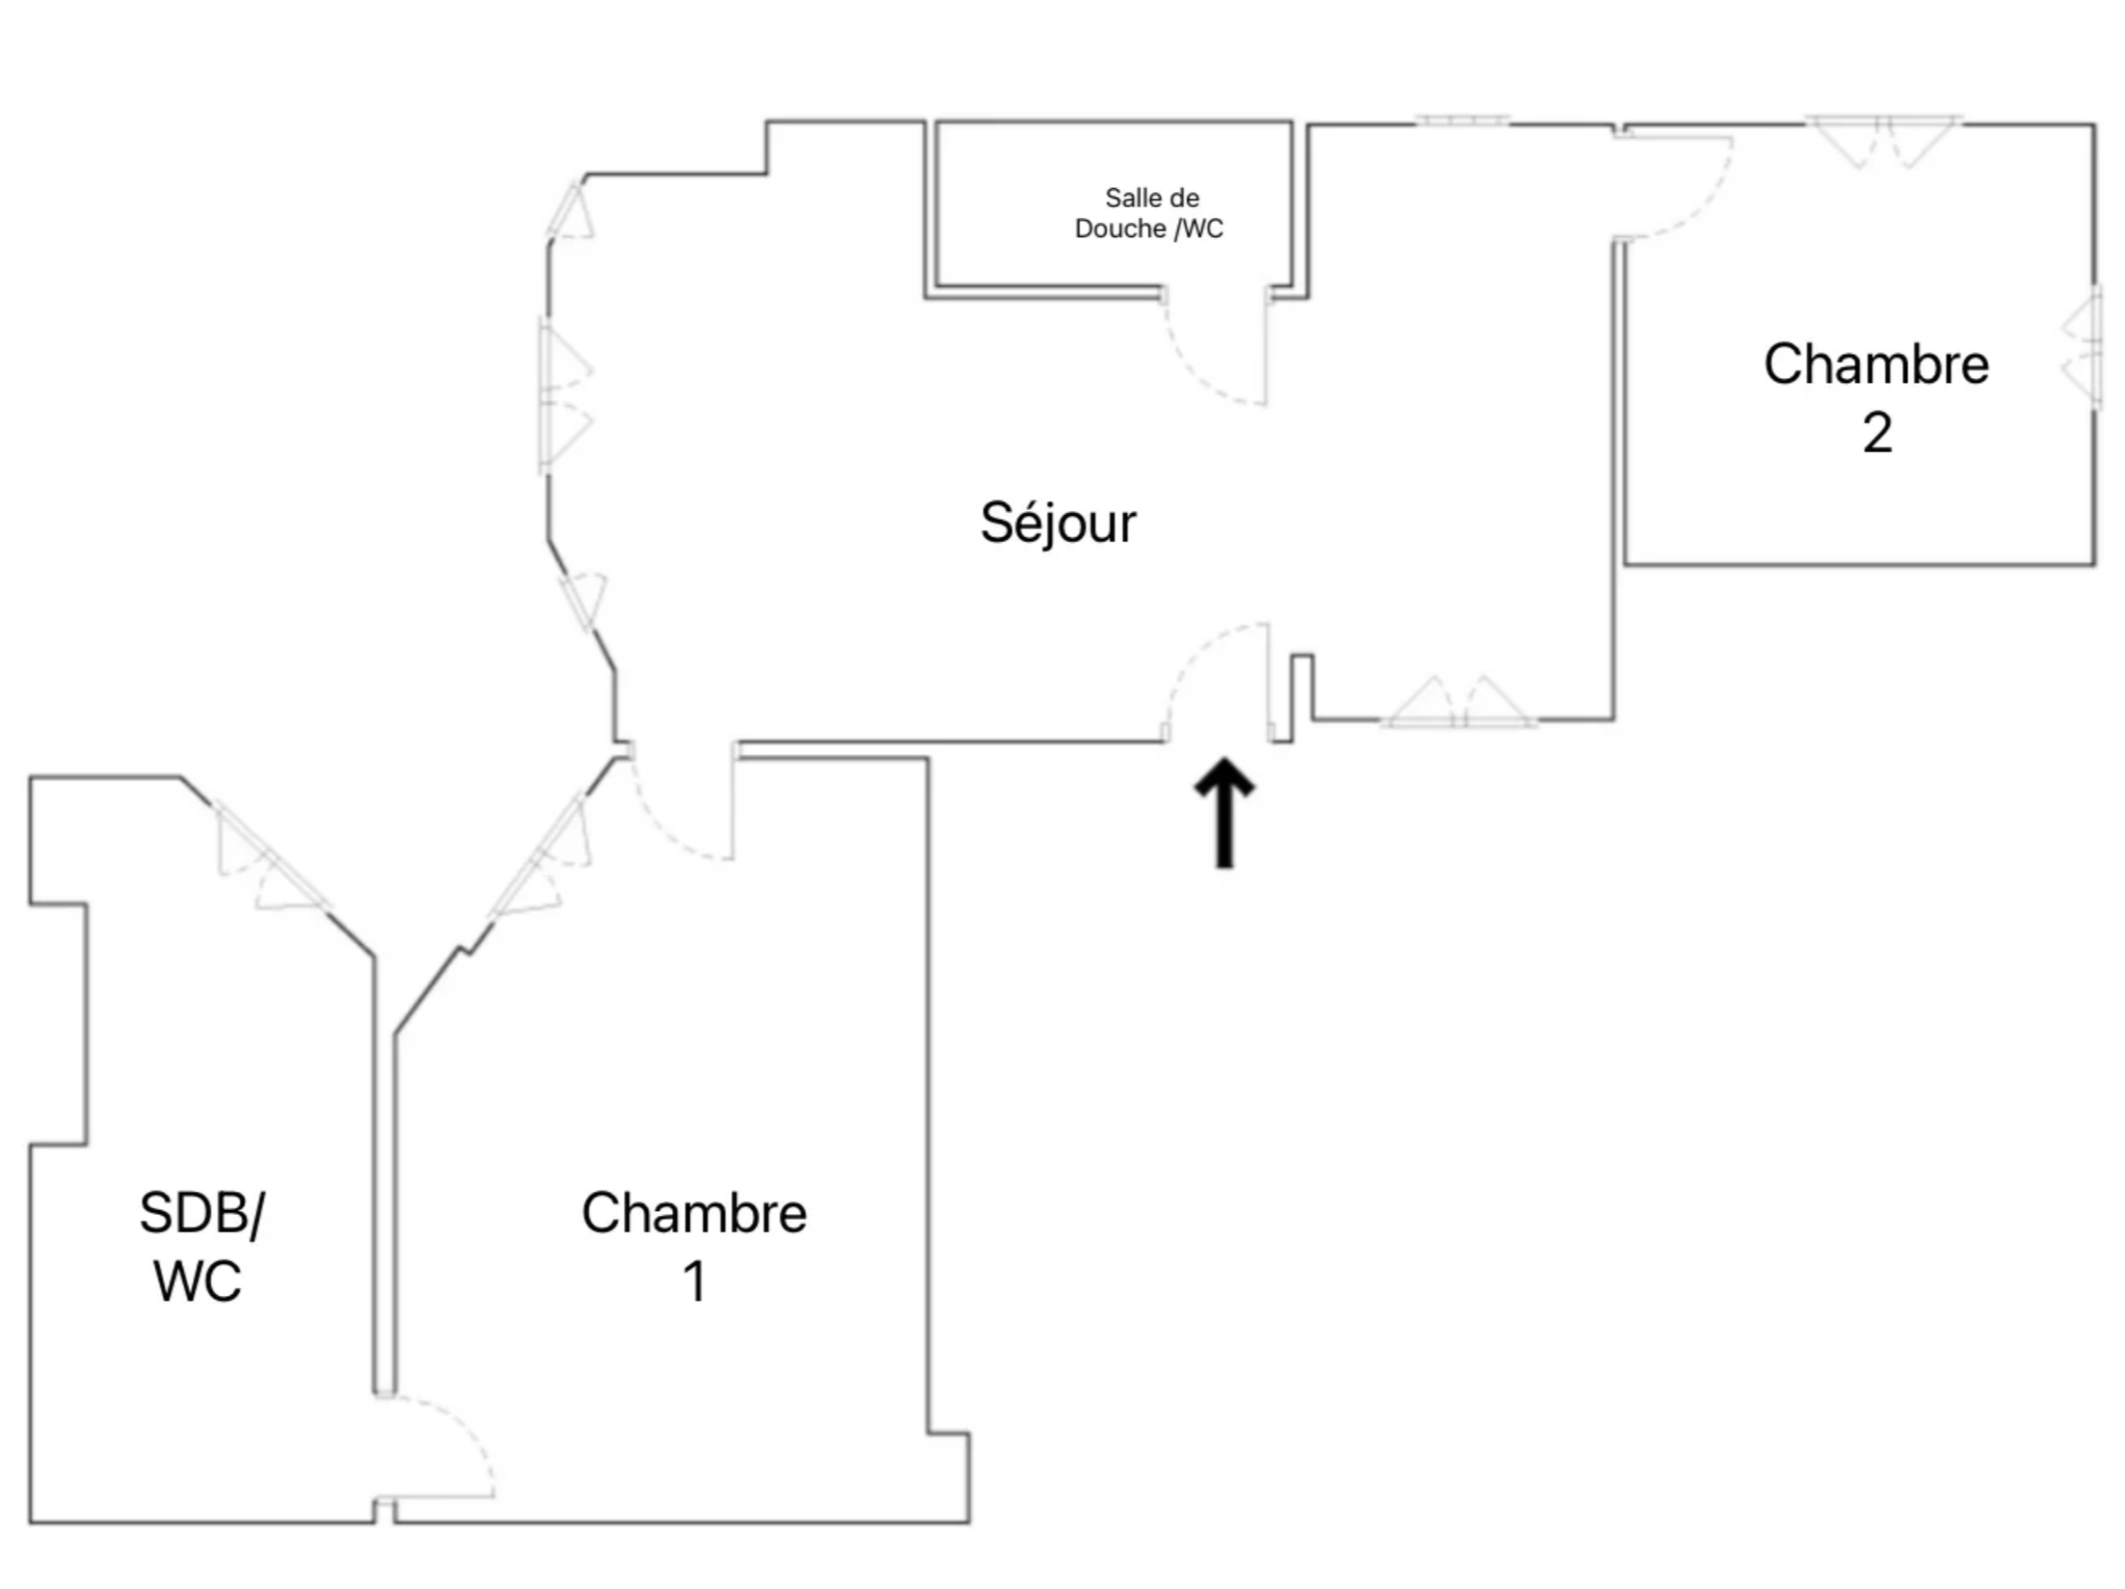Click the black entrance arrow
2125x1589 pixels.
[1224, 812]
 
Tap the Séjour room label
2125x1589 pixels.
[1058, 525]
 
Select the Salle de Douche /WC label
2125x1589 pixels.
[1149, 213]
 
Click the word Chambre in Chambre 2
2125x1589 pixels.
[1876, 364]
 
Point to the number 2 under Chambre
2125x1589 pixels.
[1877, 433]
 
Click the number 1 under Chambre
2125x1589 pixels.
[694, 1282]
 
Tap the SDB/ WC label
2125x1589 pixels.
[201, 1247]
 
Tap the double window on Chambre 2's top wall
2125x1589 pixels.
[1883, 142]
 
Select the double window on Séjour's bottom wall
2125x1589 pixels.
[1459, 702]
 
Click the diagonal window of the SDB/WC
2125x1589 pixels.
[271, 858]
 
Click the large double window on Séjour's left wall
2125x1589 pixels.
[563, 395]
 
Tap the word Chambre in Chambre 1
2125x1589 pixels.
[694, 1213]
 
